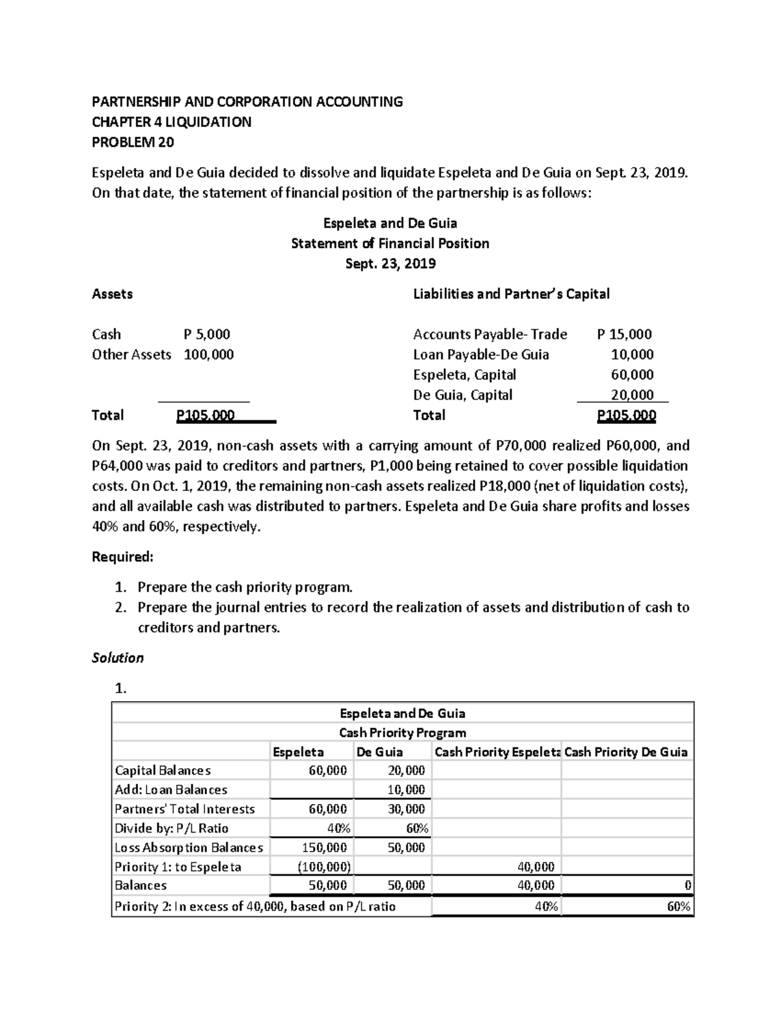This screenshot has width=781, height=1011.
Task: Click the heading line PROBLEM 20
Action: (x=133, y=142)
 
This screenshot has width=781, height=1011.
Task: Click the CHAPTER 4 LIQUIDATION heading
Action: (x=171, y=122)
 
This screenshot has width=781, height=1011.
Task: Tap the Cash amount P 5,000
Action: (x=207, y=335)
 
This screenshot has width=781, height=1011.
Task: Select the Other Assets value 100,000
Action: (x=209, y=355)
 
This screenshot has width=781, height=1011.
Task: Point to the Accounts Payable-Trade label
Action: (x=489, y=335)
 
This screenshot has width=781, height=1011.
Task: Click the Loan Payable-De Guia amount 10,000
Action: (x=632, y=355)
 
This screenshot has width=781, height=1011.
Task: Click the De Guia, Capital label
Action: (x=462, y=395)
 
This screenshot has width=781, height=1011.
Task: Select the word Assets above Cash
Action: (x=112, y=294)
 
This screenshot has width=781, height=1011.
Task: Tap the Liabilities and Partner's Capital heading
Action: (x=511, y=294)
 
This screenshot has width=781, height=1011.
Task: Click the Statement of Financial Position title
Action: (x=390, y=243)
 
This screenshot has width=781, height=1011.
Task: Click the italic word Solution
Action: (x=118, y=658)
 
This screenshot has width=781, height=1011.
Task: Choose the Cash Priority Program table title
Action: (x=402, y=732)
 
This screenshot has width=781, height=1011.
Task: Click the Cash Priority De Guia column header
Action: (x=625, y=752)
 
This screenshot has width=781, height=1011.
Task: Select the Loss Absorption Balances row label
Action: (x=189, y=848)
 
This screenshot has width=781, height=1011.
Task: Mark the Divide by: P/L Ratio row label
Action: (x=171, y=829)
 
